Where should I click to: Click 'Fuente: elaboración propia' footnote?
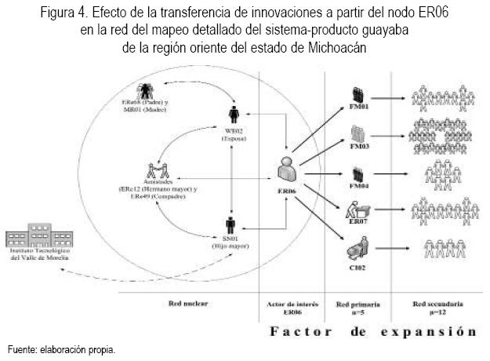point(61,349)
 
